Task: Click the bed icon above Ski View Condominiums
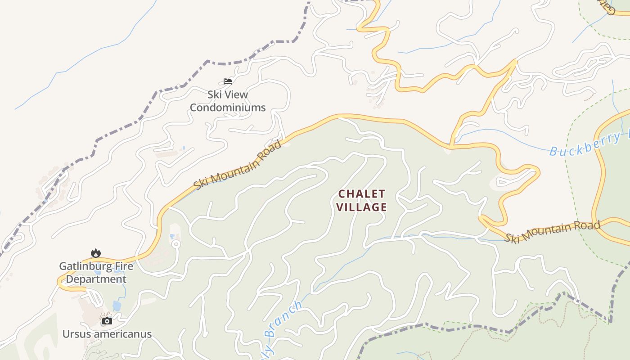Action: coord(228,81)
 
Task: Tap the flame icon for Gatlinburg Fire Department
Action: coord(96,253)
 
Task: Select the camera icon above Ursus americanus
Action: coord(107,321)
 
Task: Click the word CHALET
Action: coord(362,194)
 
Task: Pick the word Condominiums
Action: coord(228,108)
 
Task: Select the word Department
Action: coord(96,279)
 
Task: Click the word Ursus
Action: coord(77,334)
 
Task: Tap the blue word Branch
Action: coord(283,319)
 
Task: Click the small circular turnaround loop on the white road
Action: coord(176,244)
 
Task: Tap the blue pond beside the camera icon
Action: coord(117,306)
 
